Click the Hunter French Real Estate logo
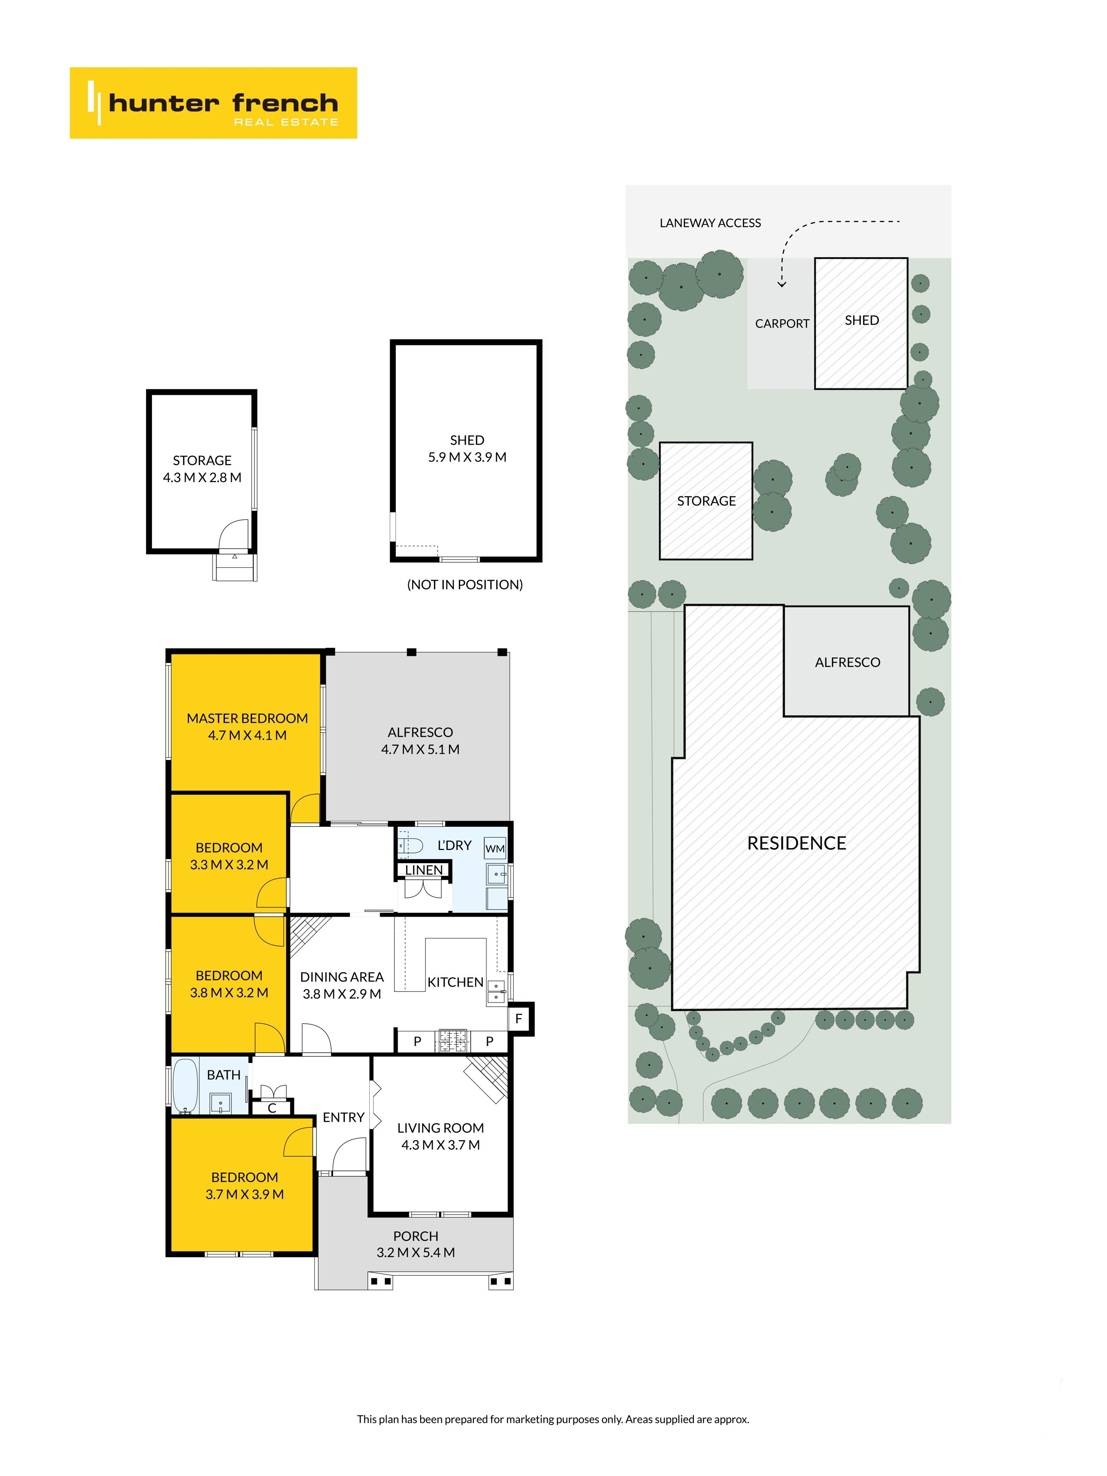[213, 103]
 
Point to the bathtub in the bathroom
[185, 1086]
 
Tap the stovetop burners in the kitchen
[453, 1040]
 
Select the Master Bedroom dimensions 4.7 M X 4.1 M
[247, 735]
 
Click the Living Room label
[441, 1127]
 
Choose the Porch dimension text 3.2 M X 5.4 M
[416, 1252]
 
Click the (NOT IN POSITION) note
[465, 585]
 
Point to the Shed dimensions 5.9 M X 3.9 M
[467, 457]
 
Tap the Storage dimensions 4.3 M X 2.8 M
[202, 477]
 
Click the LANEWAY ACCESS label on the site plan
[710, 223]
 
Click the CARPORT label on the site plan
[782, 324]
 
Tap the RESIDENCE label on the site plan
[796, 844]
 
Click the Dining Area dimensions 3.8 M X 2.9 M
[342, 994]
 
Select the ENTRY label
[344, 1117]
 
